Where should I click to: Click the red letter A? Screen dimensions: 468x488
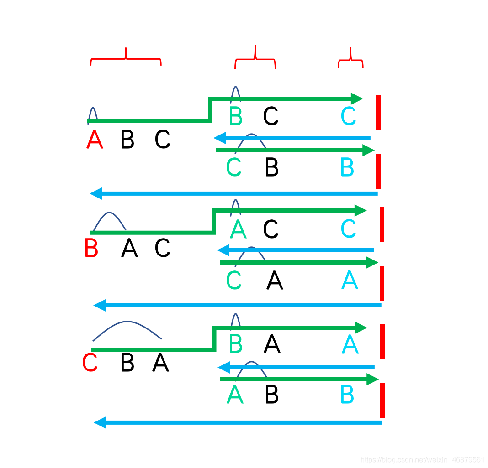coord(95,140)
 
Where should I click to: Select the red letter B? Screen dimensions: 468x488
coord(91,249)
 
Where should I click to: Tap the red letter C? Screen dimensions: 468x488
coord(90,363)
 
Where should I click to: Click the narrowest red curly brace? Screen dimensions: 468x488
coord(350,60)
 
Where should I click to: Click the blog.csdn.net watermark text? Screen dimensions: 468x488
coord(422,459)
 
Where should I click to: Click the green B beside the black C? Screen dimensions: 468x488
coord(235,116)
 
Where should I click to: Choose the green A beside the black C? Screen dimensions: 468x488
coord(238,229)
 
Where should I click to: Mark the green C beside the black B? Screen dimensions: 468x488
coord(233,168)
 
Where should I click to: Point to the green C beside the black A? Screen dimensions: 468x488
coord(233,281)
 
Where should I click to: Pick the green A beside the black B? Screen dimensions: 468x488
coord(235,395)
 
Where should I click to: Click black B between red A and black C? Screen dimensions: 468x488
coord(127,140)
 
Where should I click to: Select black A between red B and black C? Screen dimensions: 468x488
coord(129,249)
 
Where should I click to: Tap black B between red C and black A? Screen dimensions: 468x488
coord(127,363)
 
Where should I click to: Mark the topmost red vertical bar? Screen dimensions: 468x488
coord(378,112)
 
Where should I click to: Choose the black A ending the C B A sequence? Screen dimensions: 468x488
coord(161,363)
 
